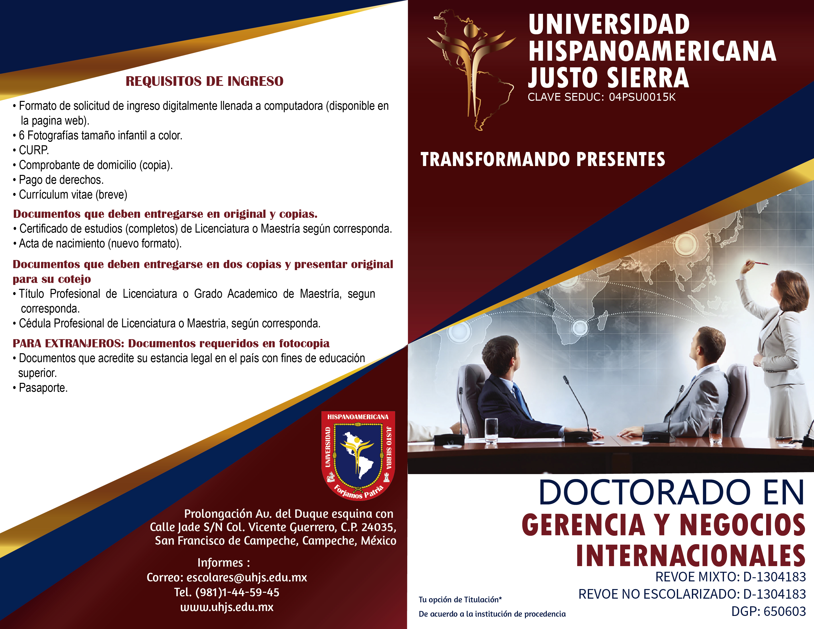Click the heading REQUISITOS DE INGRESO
coord(204,81)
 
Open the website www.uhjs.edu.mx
coord(227,607)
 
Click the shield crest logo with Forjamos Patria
coord(358,455)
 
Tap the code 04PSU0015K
coord(642,97)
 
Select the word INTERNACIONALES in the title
coord(691,556)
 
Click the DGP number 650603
coord(785,611)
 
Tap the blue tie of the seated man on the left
coord(522,401)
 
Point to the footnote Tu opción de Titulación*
coord(460,600)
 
